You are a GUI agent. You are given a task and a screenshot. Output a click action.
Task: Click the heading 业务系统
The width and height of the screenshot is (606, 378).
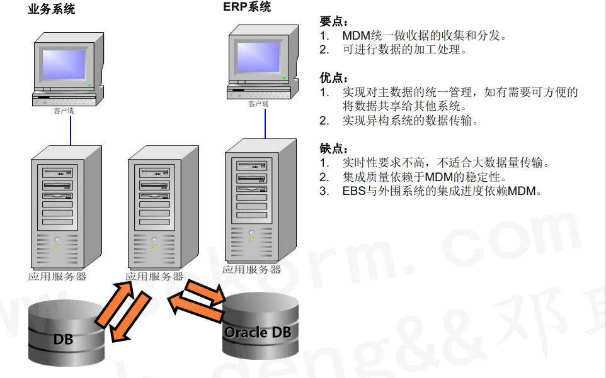point(51,9)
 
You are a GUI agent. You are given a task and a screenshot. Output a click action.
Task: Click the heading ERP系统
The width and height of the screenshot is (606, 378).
point(247,7)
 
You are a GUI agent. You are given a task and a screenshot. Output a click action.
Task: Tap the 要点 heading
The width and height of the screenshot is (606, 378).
point(333,21)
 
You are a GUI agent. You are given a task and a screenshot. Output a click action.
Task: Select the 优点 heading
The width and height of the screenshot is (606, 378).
point(333,78)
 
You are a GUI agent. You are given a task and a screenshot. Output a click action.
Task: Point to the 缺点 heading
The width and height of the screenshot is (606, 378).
point(333,149)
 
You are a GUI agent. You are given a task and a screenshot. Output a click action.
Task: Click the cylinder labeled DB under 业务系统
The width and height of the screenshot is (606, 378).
point(66,333)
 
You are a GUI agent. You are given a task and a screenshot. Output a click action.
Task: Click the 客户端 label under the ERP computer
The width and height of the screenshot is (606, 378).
point(258,104)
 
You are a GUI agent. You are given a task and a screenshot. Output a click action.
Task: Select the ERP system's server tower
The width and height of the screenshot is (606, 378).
point(260,201)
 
